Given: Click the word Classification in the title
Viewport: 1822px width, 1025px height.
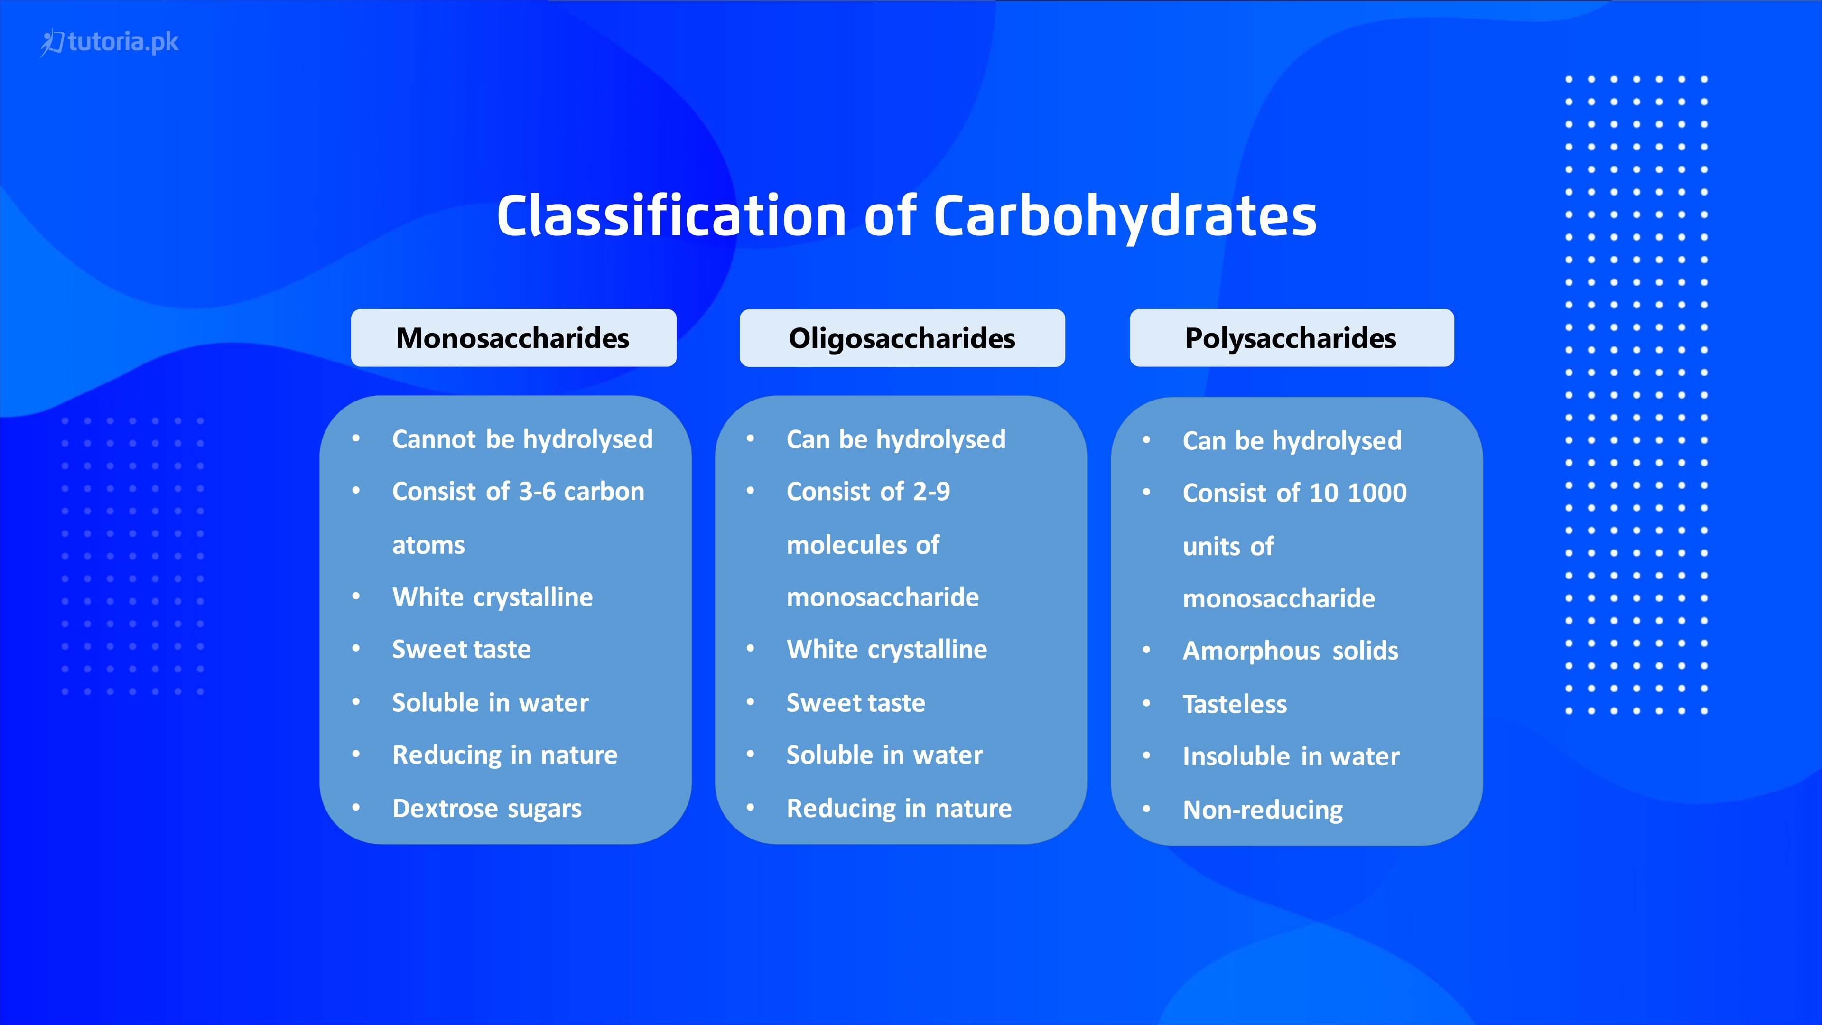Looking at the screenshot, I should [x=670, y=216].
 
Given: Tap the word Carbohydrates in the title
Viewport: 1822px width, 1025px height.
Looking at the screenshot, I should [x=1125, y=216].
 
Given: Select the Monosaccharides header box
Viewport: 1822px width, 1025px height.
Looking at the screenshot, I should [x=513, y=338].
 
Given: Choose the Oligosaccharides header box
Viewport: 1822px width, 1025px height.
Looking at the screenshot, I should [x=902, y=338].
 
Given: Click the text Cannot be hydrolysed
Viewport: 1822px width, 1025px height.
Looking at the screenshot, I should [x=522, y=439].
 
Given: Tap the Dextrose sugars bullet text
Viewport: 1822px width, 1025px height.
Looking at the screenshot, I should [x=487, y=809].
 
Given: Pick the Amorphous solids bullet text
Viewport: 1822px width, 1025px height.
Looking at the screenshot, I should [x=1290, y=651].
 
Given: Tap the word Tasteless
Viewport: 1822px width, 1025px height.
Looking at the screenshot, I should [x=1234, y=705].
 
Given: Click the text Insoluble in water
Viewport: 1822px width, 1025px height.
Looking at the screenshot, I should [x=1290, y=757].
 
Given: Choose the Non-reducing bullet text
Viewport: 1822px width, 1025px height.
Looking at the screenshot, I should [x=1263, y=810].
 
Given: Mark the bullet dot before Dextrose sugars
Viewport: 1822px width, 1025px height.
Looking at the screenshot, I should [x=356, y=807].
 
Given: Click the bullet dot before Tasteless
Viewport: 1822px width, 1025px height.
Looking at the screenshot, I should [x=1146, y=703].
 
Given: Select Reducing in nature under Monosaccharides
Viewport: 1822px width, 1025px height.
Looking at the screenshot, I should [x=504, y=755].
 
